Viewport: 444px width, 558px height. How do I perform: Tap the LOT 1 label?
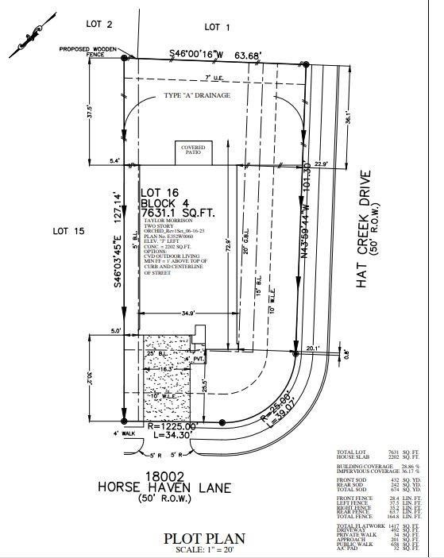tap(217, 27)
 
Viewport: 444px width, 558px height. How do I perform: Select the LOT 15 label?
tap(68, 231)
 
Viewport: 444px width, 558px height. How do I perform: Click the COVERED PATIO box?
tap(193, 150)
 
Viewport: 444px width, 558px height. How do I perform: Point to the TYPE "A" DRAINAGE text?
tap(197, 95)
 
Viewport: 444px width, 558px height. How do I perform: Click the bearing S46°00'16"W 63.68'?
tap(216, 54)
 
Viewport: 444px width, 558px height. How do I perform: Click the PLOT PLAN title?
tap(204, 538)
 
